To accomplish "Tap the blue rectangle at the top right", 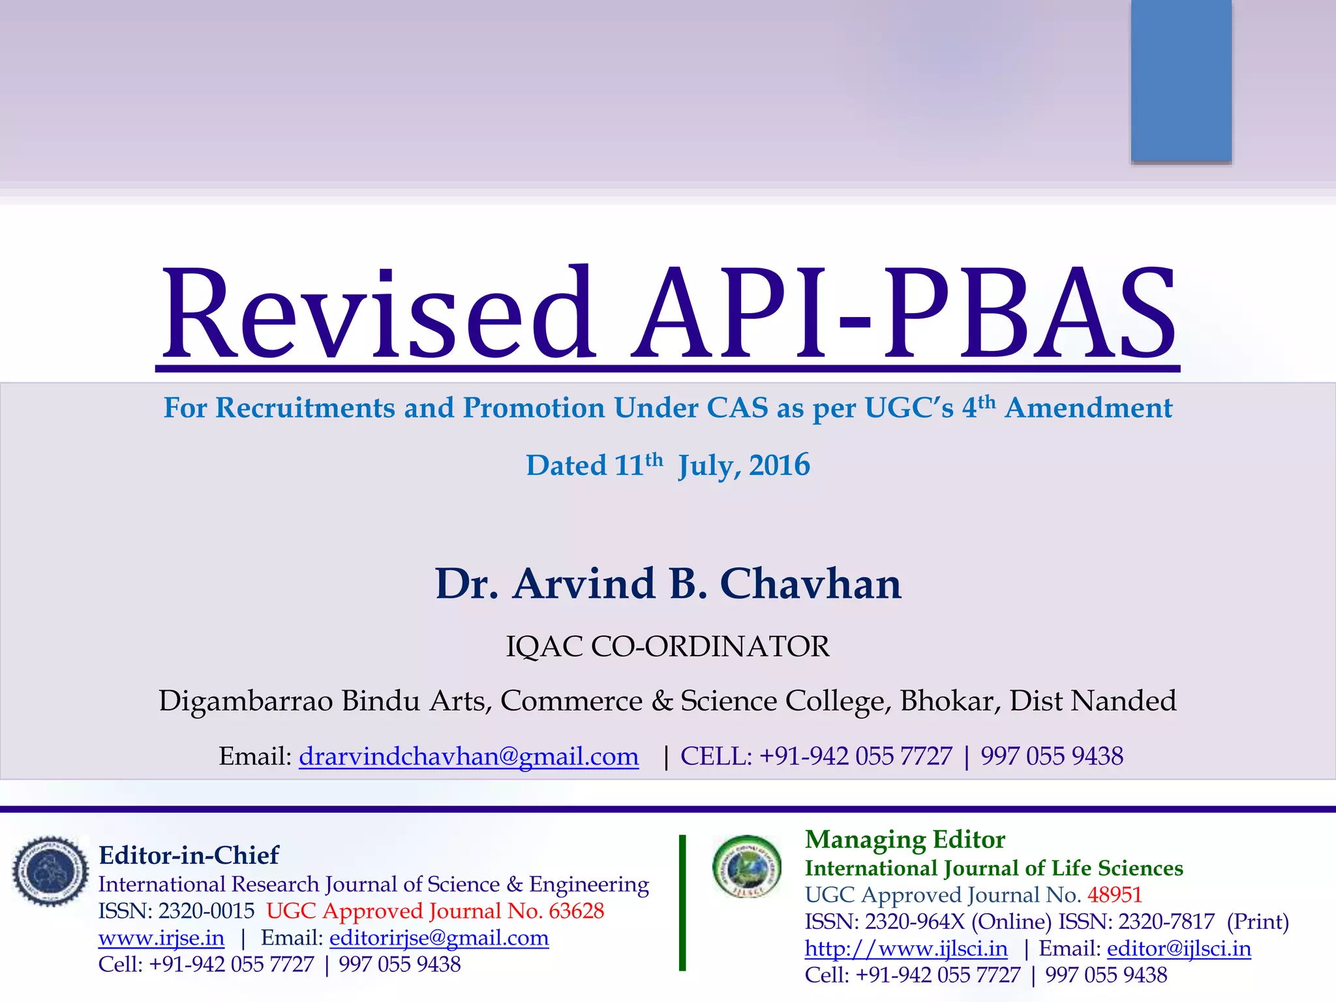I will click(x=1181, y=80).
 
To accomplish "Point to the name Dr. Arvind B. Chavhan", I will click(x=668, y=583).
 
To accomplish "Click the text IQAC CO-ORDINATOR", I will click(x=668, y=646).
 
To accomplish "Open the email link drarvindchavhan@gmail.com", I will click(x=468, y=756).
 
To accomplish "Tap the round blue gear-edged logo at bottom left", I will click(x=50, y=872).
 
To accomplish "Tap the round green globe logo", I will click(x=747, y=866).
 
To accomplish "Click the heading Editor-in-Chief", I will click(x=189, y=855).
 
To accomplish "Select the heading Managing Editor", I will click(x=905, y=840).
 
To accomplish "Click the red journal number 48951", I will click(x=1114, y=894).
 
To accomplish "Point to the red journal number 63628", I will click(x=576, y=911).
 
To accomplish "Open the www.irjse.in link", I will click(x=161, y=938).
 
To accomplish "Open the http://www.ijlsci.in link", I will click(x=906, y=949).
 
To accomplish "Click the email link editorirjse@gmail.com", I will click(x=439, y=938).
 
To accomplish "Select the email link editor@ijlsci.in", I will click(x=1179, y=949).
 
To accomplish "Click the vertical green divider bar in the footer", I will click(x=682, y=903).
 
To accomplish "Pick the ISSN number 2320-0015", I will click(x=206, y=911).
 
